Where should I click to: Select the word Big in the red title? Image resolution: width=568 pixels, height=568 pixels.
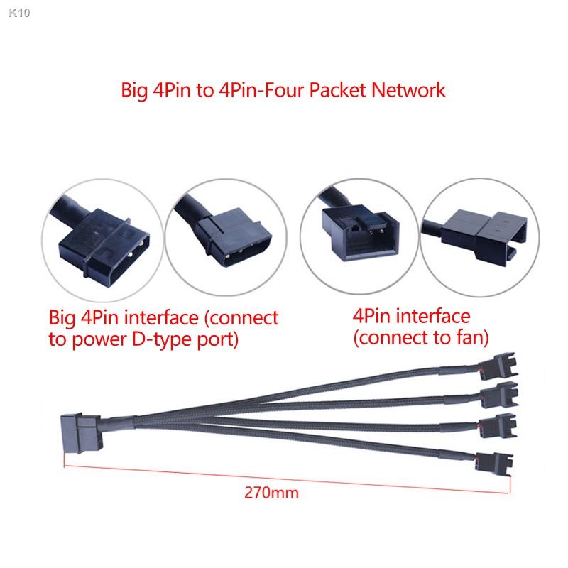[136, 91]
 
